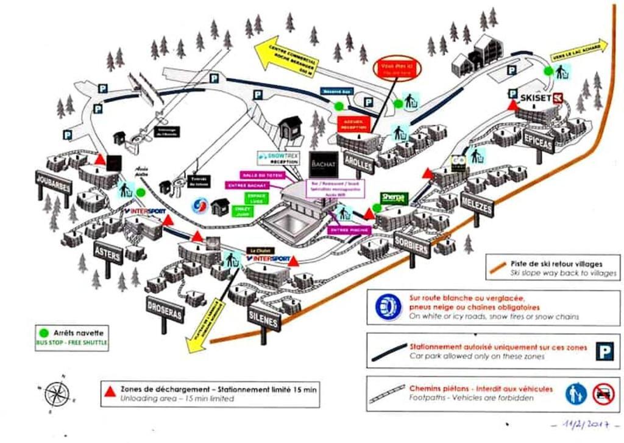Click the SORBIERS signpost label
[x=412, y=244]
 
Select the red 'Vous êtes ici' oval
[x=397, y=68]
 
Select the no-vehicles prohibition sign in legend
[x=603, y=393]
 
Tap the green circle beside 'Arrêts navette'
[x=43, y=334]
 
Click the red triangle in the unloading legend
[x=111, y=391]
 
